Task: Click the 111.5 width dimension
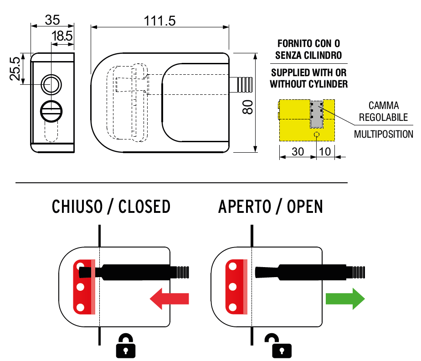point(160,21)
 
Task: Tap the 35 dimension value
point(52,20)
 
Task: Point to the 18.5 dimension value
point(62,36)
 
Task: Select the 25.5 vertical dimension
point(15,69)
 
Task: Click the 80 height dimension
point(247,107)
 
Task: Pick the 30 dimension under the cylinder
point(298,152)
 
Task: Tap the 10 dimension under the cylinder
point(325,152)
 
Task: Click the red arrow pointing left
point(169,299)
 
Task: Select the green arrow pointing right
point(345,299)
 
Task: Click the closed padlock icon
point(126,346)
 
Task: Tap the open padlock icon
point(278,346)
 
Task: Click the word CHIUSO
point(77,206)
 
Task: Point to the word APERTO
point(245,206)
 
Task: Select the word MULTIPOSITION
point(384,134)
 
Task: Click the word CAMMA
point(384,106)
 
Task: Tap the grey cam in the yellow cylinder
point(317,114)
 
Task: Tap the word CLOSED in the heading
point(144,206)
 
